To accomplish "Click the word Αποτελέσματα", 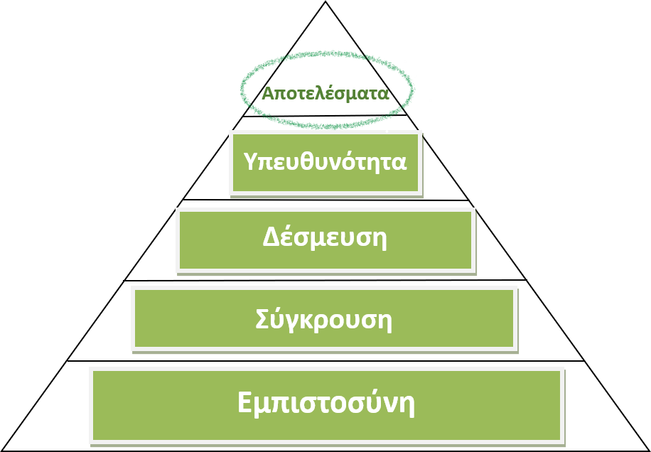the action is pos(325,93).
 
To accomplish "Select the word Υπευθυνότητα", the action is pos(325,161).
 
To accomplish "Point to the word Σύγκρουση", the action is pos(324,320).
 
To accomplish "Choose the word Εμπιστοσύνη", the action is pos(326,402).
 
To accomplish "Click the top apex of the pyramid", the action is pos(325,1).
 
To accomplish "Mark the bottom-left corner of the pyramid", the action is pos(1,451).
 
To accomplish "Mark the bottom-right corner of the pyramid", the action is pos(650,451).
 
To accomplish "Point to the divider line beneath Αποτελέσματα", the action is pos(325,117).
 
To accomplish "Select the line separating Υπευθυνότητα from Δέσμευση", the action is pos(326,200).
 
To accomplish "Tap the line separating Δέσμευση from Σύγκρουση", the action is pos(325,281).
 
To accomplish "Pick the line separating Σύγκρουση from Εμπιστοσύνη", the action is pos(326,361).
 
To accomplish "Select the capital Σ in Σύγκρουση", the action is pos(263,319).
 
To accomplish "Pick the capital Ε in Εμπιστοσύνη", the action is pos(245,402).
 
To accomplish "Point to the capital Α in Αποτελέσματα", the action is pos(269,93).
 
